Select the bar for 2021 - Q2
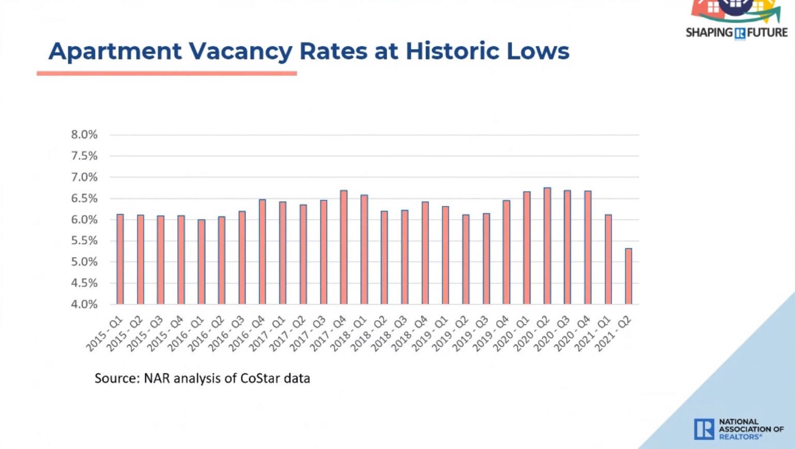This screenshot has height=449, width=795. (629, 276)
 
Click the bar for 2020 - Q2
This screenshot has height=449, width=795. (547, 246)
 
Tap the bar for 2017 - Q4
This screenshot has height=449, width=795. (344, 247)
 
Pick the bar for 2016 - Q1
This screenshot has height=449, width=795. (202, 262)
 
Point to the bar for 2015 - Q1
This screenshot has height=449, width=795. (120, 259)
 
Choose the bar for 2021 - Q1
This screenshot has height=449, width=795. (608, 259)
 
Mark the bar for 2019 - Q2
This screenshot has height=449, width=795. (466, 259)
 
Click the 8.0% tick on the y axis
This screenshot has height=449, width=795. (84, 135)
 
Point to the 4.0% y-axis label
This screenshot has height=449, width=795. (84, 304)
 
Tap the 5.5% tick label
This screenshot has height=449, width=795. (84, 241)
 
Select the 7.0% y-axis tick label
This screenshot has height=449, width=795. (84, 177)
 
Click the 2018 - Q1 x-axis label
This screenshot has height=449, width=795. (349, 335)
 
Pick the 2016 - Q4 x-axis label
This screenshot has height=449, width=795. (247, 335)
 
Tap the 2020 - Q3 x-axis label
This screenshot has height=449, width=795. (552, 335)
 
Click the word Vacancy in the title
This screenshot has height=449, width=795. (240, 51)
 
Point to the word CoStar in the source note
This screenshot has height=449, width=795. (259, 378)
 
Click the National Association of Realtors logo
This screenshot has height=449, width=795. (738, 429)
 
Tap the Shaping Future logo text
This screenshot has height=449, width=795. (737, 32)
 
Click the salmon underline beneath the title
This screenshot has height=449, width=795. (166, 73)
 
